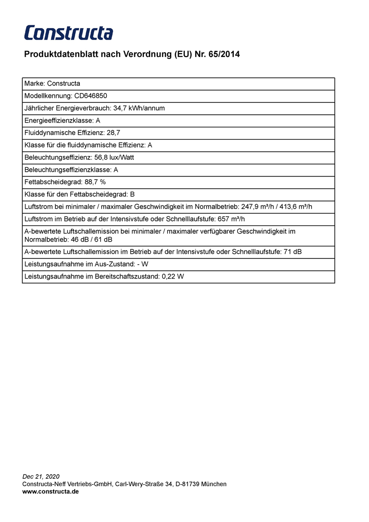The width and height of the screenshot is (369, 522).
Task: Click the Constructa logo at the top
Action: pos(68,33)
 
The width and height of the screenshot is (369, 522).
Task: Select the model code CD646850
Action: pos(91,96)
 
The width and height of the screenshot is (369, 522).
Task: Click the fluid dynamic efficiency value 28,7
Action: pos(114,133)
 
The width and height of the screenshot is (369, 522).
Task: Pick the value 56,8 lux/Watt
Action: pos(114,157)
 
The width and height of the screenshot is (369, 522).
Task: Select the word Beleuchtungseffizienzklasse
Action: pos(67,170)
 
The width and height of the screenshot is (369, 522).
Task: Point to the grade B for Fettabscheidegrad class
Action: pos(132,194)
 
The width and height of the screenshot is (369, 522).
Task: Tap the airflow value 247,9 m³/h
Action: pos(257,207)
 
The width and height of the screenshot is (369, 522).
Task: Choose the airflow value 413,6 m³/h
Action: pos(295,207)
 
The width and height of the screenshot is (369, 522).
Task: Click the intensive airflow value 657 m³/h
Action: pos(231,219)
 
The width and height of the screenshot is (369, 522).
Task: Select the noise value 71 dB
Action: pos(293,252)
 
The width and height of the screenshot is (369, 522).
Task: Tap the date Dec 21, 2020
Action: pos(41,477)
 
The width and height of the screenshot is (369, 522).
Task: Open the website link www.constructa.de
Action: pos(51,491)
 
